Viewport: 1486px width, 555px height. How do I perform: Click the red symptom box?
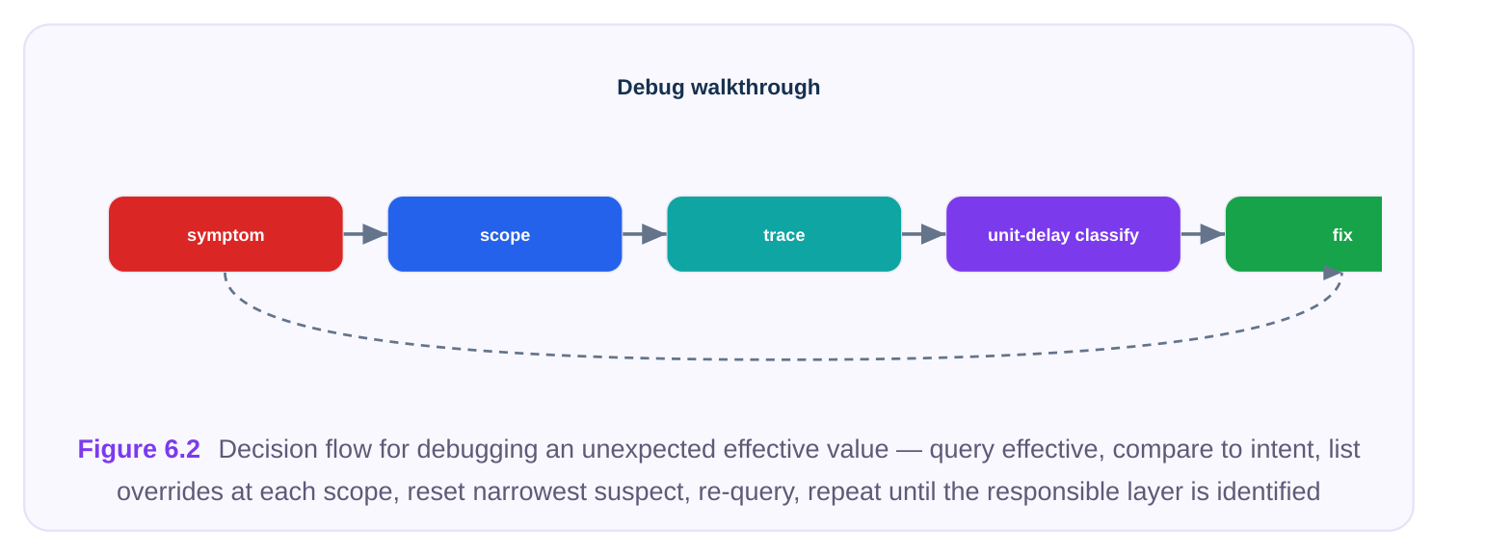coord(226,234)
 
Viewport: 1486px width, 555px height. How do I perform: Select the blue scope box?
coord(505,234)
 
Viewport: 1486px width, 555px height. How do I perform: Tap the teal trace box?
coord(784,234)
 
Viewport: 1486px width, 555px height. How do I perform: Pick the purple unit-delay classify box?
coord(1063,234)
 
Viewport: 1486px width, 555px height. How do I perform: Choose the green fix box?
coord(1304,234)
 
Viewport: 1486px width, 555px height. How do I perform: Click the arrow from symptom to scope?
coord(365,234)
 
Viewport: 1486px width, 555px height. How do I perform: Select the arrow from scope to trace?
coord(645,234)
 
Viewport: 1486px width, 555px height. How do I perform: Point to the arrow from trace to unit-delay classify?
coord(924,234)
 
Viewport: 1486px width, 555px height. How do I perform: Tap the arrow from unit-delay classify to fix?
coord(1204,234)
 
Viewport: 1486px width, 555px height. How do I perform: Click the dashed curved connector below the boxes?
coord(783,360)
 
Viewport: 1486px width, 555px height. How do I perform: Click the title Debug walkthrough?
coord(719,88)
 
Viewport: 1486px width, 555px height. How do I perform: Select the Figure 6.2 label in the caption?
coord(139,449)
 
